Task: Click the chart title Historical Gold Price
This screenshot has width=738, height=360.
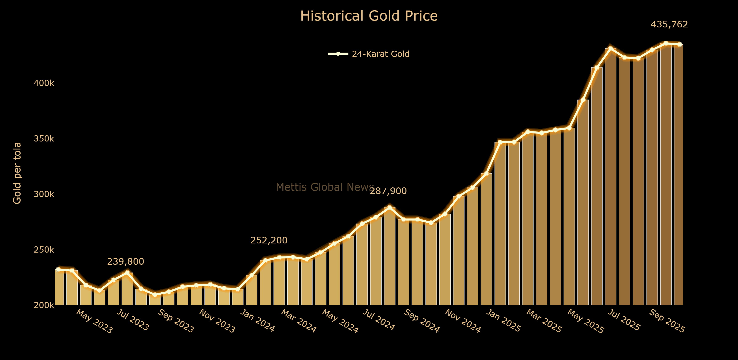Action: (x=369, y=16)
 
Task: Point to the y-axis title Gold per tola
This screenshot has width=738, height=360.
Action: (x=17, y=173)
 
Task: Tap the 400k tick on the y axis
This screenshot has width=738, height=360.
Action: (x=44, y=83)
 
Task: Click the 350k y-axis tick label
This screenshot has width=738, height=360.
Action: (x=44, y=139)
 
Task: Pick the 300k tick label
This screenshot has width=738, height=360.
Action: (x=44, y=194)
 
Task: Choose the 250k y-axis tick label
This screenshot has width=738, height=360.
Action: (x=44, y=250)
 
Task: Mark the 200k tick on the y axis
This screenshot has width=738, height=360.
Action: (x=44, y=305)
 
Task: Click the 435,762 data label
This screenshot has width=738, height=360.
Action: (x=669, y=24)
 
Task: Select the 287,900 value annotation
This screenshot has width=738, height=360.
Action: (x=388, y=191)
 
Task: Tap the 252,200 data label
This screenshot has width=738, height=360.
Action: (x=269, y=240)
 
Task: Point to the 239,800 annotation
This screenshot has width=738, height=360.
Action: (x=126, y=261)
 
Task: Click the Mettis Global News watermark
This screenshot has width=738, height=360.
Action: (x=325, y=187)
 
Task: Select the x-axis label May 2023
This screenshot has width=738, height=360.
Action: (x=94, y=321)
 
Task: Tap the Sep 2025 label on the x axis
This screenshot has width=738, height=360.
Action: (x=667, y=321)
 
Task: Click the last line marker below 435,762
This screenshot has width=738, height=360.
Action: (x=680, y=44)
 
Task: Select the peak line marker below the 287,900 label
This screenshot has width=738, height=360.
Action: (x=390, y=207)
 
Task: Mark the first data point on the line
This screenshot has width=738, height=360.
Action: (x=58, y=269)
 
